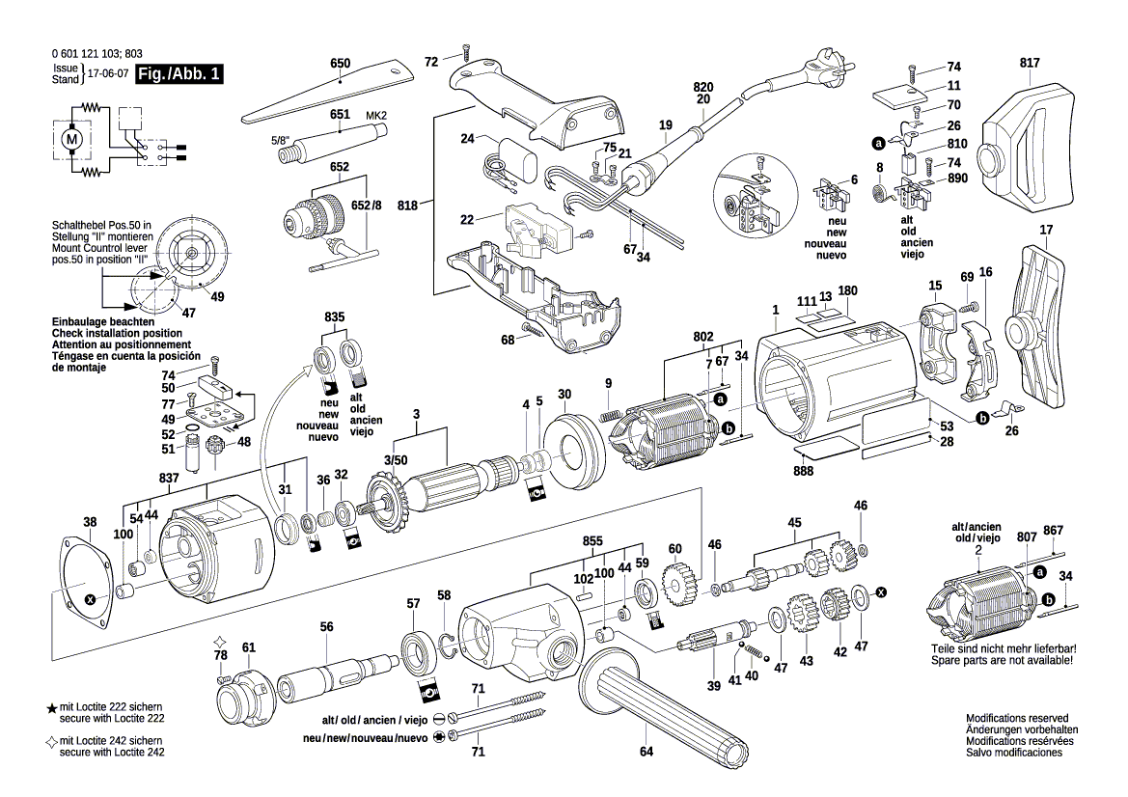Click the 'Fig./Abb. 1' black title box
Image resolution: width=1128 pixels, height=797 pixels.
(x=180, y=74)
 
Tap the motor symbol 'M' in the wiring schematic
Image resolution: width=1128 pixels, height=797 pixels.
(x=69, y=139)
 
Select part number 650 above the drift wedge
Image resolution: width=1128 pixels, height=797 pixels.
(x=340, y=64)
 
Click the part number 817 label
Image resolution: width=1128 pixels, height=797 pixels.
(x=1030, y=64)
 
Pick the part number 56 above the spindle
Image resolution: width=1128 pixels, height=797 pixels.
(x=326, y=626)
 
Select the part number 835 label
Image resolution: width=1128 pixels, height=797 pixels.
(x=335, y=316)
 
